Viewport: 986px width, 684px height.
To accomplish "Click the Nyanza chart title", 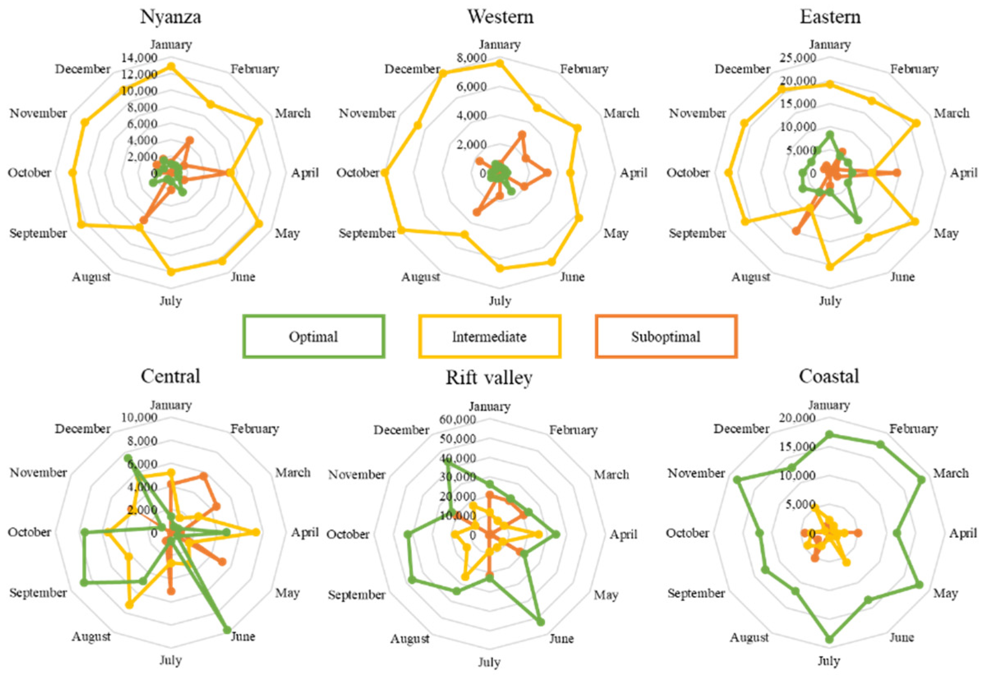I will (170, 17).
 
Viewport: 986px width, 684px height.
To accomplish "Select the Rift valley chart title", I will (489, 378).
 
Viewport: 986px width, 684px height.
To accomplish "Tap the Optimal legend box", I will (313, 336).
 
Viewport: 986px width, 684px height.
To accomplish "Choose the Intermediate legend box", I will (489, 336).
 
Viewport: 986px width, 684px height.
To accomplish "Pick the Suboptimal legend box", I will (666, 336).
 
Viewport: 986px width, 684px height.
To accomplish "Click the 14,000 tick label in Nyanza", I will (139, 58).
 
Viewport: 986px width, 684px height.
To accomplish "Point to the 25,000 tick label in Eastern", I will (798, 58).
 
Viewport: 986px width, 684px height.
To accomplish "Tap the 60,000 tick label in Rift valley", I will (457, 420).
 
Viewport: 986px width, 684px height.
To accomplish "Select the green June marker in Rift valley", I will (540, 622).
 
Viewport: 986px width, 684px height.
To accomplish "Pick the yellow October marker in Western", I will (384, 173).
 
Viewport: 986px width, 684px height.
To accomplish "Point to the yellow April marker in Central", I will (256, 532).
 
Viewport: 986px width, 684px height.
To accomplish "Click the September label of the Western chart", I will (367, 234).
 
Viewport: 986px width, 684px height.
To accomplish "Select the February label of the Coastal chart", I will (913, 429).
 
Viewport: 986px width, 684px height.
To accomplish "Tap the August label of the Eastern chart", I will (750, 277).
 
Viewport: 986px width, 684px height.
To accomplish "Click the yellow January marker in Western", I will (499, 63).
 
